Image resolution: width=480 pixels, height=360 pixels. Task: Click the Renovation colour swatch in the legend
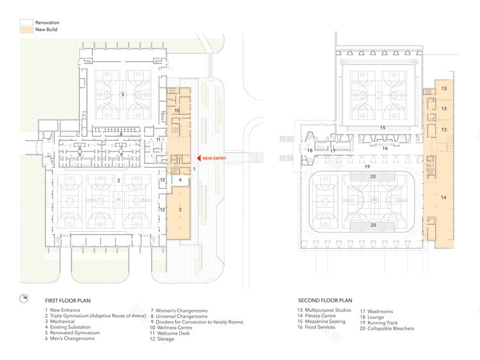tap(26, 23)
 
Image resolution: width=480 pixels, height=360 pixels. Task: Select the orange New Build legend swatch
tap(26, 30)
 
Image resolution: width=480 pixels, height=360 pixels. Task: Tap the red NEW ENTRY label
tap(218, 158)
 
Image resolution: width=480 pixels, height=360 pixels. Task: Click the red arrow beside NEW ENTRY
tap(199, 158)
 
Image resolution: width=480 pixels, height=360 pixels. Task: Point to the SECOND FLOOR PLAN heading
tap(325, 300)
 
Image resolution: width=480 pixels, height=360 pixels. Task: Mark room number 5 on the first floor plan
tap(122, 94)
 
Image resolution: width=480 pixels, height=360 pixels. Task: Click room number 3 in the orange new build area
tap(180, 209)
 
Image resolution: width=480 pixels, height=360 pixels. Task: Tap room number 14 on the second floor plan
tap(443, 198)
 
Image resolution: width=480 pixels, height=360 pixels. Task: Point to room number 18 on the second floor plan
tap(310, 151)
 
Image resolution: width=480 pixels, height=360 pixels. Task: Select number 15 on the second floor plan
tap(383, 128)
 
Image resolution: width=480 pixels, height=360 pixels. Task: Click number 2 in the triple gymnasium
tap(118, 181)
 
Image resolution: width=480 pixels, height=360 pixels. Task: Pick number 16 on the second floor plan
tap(385, 149)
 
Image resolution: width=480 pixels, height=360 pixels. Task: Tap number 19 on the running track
tap(367, 167)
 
